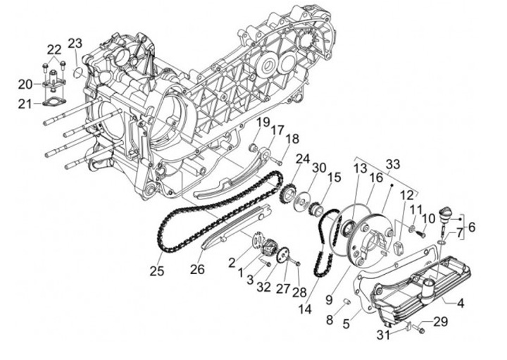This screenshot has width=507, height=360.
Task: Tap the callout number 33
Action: pos(392,164)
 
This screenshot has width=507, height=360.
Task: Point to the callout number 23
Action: pos(75,42)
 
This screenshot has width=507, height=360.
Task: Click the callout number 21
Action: pos(25,104)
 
